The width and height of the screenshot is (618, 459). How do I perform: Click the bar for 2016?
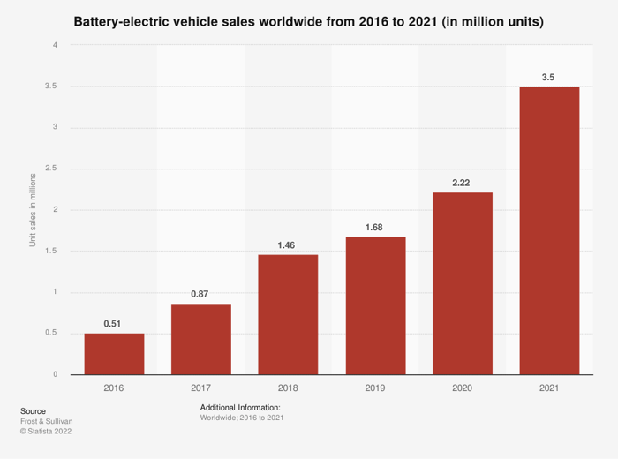tap(114, 354)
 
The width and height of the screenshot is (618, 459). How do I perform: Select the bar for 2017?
tap(200, 339)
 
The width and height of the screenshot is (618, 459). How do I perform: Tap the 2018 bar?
tap(288, 314)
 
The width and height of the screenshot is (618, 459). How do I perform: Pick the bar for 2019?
tap(375, 305)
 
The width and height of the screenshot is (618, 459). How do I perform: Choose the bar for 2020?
tap(463, 283)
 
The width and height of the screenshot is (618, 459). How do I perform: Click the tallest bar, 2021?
tap(549, 230)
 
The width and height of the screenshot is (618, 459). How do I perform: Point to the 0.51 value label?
tap(112, 324)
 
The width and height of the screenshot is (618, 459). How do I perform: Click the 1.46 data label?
tap(288, 245)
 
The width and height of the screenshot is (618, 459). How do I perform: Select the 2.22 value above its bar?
tap(463, 183)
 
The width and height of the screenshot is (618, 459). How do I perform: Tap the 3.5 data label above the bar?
tap(548, 78)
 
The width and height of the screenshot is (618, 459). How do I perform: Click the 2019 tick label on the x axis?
tap(375, 387)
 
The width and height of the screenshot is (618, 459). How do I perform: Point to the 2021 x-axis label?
tap(549, 387)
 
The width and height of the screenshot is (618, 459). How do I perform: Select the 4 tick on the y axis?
tap(55, 45)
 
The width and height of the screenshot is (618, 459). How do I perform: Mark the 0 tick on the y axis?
tap(55, 374)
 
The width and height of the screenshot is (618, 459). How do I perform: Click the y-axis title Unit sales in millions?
tap(33, 210)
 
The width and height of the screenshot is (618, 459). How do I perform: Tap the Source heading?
tap(33, 411)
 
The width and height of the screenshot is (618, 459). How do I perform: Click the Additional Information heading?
tap(240, 406)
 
